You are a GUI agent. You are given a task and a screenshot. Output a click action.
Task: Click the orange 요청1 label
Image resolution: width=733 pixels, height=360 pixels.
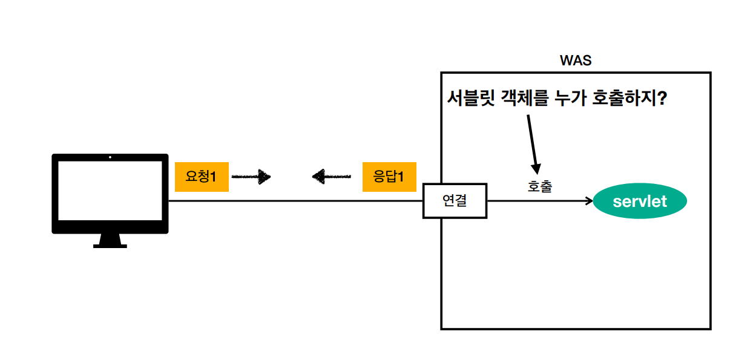pyautogui.click(x=202, y=177)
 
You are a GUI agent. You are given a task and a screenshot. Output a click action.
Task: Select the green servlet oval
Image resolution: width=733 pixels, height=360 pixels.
pyautogui.click(x=640, y=201)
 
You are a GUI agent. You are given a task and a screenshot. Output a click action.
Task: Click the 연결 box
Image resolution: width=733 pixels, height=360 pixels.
pyautogui.click(x=455, y=201)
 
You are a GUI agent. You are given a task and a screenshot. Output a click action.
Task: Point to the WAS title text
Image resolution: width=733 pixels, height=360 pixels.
pyautogui.click(x=576, y=61)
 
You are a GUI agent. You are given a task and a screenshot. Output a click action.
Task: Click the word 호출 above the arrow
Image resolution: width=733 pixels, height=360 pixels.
pyautogui.click(x=540, y=187)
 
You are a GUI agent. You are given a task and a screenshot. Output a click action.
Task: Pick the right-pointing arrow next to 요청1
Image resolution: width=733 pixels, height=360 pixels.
pyautogui.click(x=251, y=177)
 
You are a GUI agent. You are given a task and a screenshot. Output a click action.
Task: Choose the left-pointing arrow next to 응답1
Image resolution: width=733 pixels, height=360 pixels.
pyautogui.click(x=331, y=177)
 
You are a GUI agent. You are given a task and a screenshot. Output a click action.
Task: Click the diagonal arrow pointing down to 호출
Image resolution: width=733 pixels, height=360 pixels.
pyautogui.click(x=532, y=142)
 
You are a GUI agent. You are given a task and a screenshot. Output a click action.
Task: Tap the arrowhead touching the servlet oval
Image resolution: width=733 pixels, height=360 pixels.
pyautogui.click(x=589, y=201)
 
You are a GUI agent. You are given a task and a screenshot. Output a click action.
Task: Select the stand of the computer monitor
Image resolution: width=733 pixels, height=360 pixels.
pyautogui.click(x=110, y=241)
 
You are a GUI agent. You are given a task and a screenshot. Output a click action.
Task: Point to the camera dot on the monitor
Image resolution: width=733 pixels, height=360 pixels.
pyautogui.click(x=110, y=157)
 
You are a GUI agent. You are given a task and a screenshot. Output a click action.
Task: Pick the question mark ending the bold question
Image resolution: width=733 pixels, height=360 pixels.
pyautogui.click(x=662, y=98)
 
